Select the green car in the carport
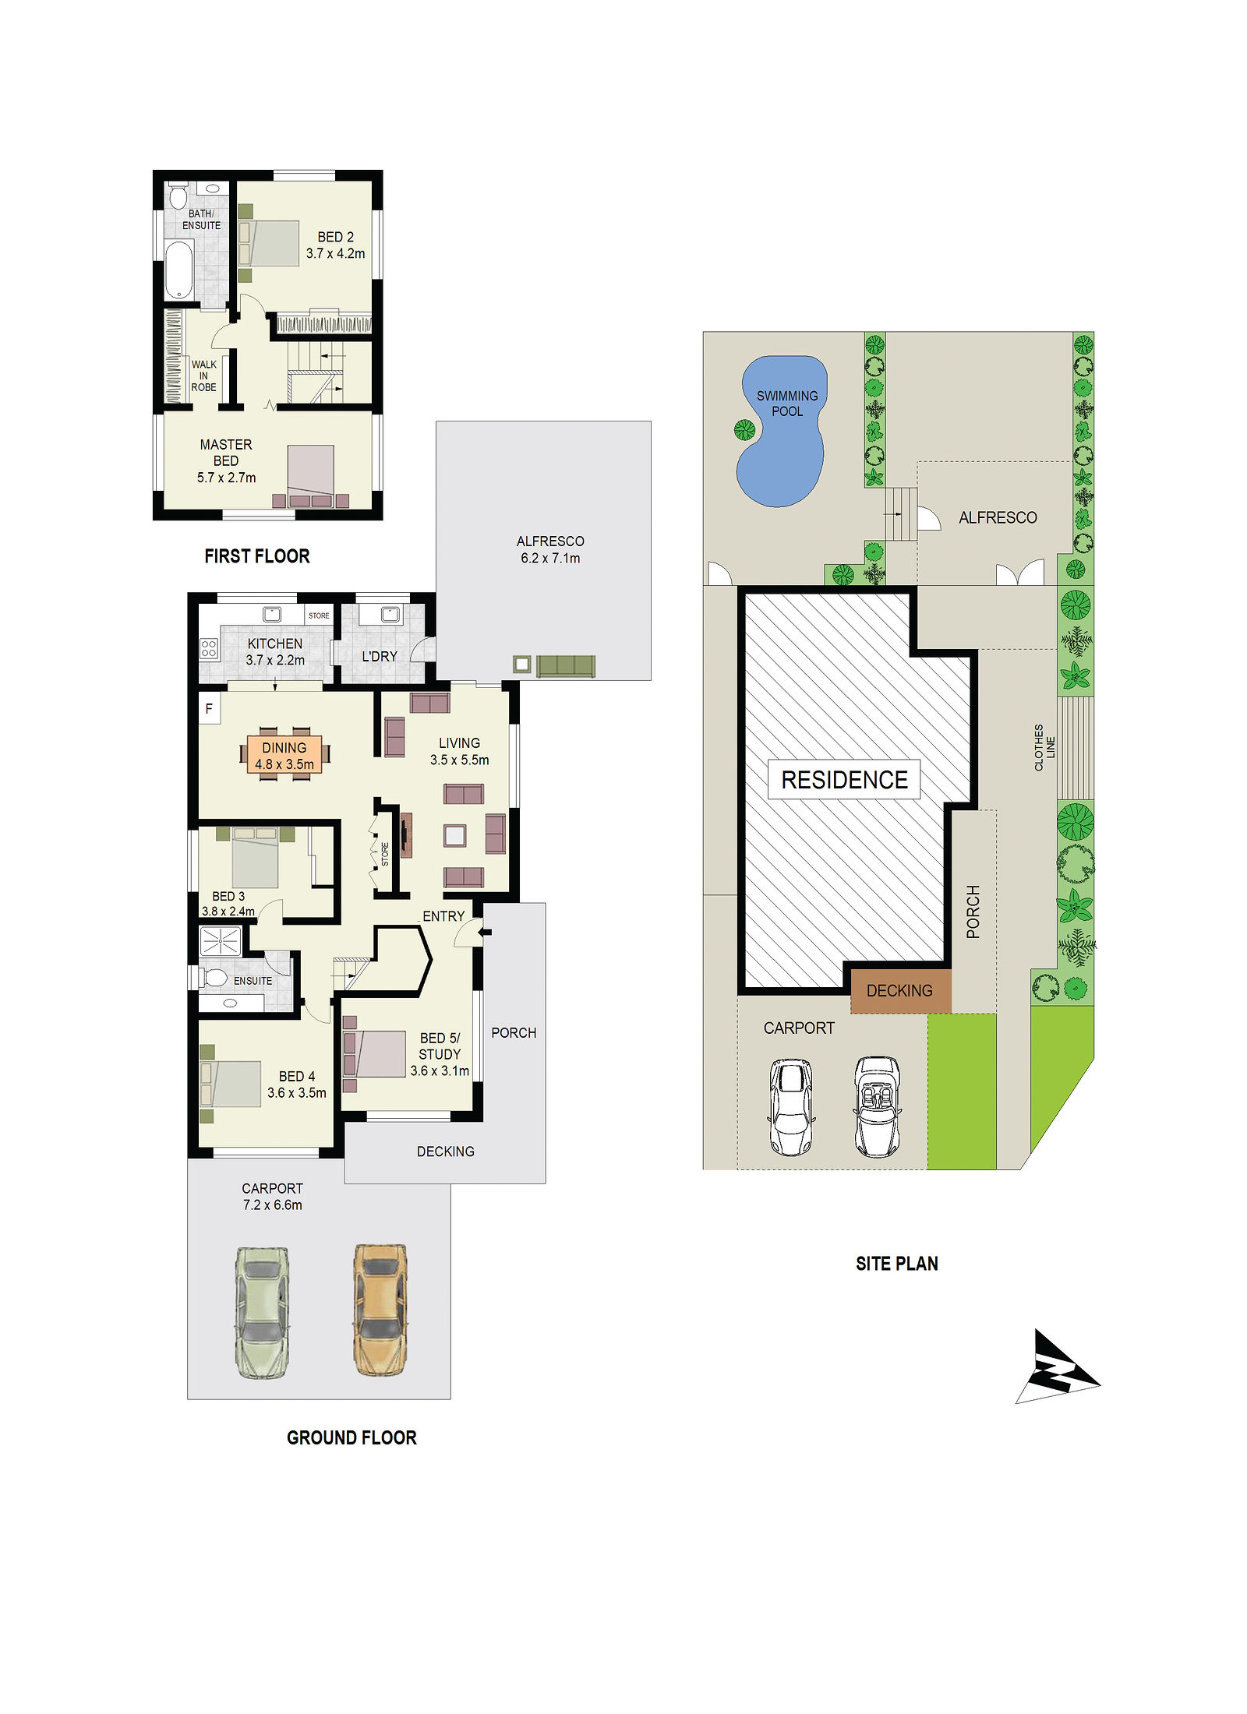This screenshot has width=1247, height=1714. tap(263, 1312)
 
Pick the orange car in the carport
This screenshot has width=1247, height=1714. tap(380, 1310)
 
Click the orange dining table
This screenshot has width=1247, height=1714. tap(284, 755)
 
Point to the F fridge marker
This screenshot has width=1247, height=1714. tap(209, 708)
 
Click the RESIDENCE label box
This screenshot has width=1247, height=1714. tap(844, 779)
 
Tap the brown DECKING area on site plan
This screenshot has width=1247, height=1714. tap(900, 991)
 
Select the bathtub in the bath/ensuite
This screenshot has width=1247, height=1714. tap(179, 270)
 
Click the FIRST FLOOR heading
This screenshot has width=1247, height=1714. tap(257, 555)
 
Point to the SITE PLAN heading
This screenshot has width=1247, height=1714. tap(897, 1263)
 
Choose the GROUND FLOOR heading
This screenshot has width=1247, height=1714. tap(351, 1437)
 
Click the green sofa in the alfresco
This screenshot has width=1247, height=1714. tap(566, 666)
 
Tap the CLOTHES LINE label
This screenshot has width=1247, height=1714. tap(1044, 748)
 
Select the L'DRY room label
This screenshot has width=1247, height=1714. tap(380, 657)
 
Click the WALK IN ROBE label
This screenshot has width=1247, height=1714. tap(204, 376)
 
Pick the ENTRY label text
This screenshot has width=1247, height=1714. tap(443, 916)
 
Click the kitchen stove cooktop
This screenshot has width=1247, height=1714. tap(209, 648)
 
